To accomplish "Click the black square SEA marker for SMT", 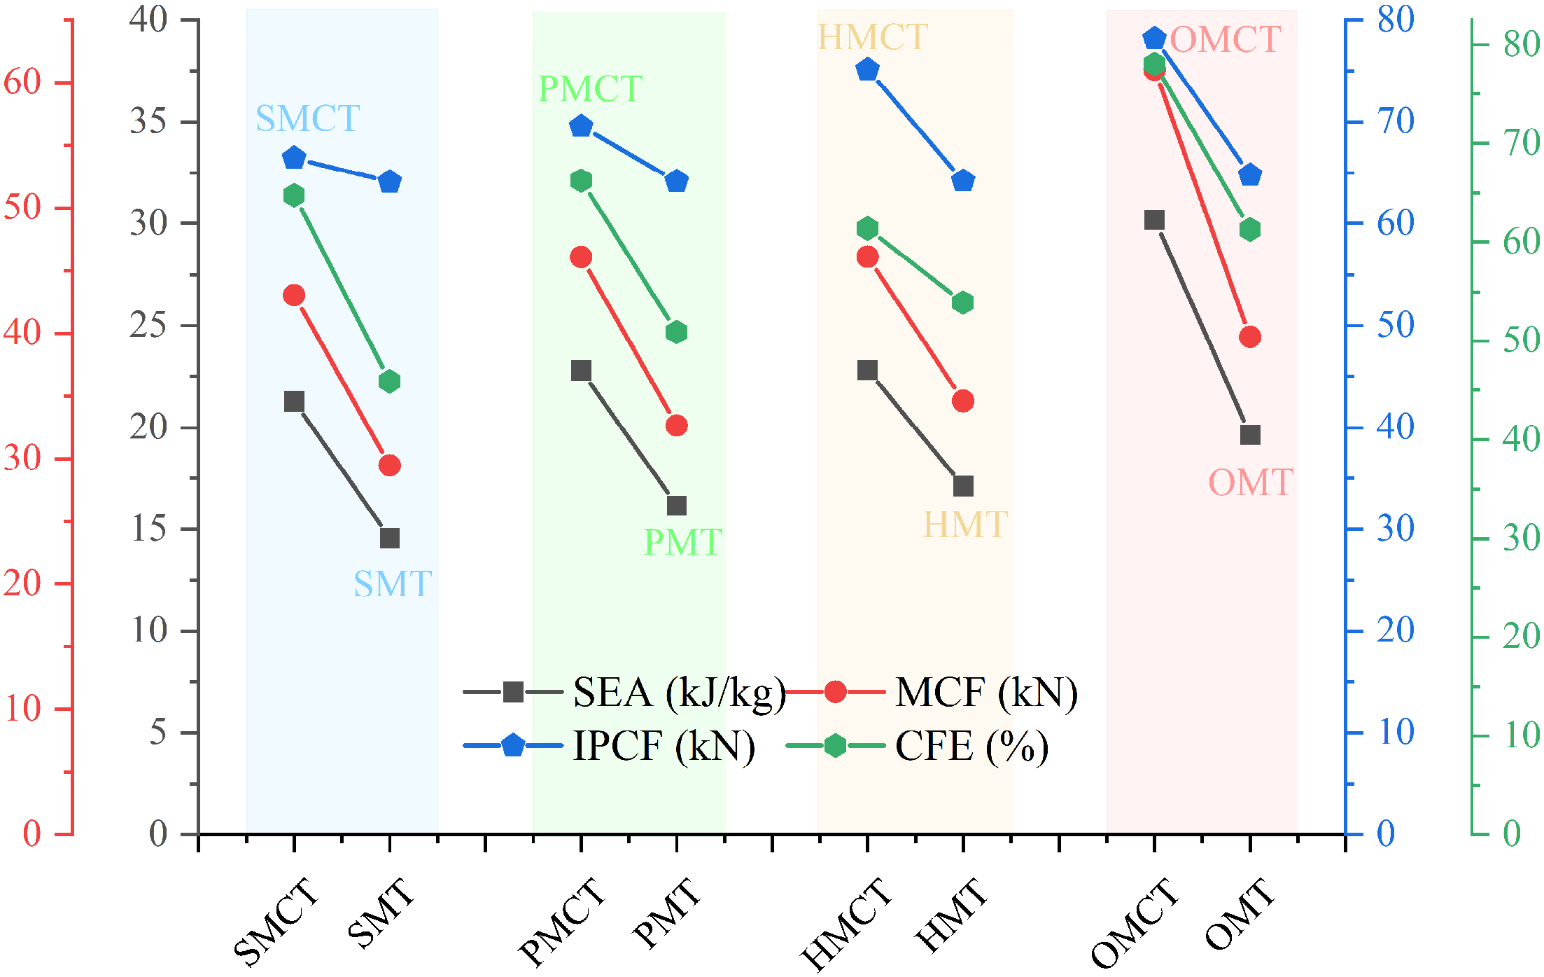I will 389,538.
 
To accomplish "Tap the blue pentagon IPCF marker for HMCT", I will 867,69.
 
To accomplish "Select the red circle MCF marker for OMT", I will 1249,337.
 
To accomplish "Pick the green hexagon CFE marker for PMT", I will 676,332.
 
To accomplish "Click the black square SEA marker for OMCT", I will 1154,220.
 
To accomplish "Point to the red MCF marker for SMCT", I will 294,296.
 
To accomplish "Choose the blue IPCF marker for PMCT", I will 581,126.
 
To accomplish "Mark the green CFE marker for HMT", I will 963,303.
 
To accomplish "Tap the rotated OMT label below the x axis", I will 1240,914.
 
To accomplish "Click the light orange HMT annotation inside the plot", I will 965,525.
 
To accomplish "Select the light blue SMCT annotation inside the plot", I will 307,118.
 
